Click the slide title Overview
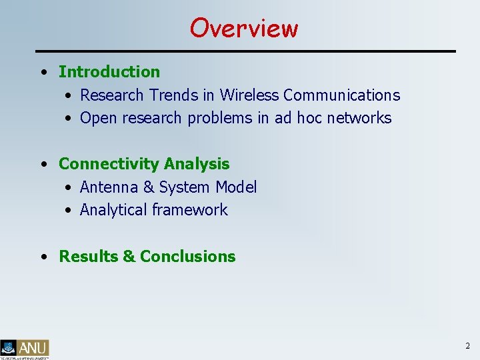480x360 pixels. (243, 28)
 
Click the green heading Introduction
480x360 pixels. (109, 71)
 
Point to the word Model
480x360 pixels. (236, 187)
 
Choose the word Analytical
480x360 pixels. (113, 210)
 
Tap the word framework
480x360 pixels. (190, 210)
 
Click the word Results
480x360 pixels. (89, 257)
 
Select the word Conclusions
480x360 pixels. (188, 257)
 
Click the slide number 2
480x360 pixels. (467, 346)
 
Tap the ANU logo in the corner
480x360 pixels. (25, 349)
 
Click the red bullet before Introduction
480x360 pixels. (43, 72)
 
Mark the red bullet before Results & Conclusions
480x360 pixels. (43, 257)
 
